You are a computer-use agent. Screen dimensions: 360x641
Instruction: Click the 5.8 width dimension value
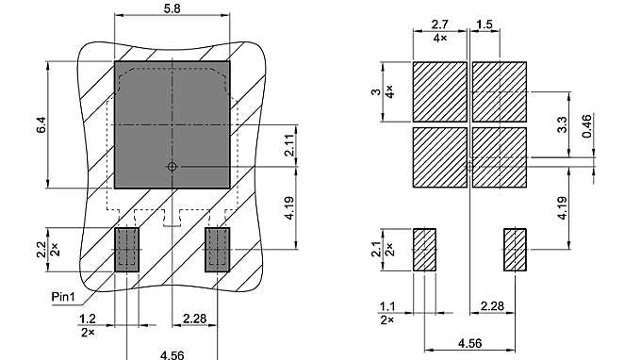172,8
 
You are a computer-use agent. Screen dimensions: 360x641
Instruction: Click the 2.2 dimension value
40,250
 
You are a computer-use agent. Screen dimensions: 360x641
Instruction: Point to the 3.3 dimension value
562,123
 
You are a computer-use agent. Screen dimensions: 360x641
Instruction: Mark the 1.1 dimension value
386,305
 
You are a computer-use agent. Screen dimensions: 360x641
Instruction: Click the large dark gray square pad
173,123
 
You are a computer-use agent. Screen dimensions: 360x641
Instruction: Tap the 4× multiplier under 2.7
439,38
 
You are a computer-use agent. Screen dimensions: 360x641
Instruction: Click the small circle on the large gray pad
172,167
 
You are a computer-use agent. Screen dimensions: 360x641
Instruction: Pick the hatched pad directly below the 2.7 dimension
439,90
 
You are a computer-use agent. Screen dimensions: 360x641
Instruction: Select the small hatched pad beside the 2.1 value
425,249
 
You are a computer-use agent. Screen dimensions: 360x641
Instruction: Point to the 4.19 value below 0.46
562,208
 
